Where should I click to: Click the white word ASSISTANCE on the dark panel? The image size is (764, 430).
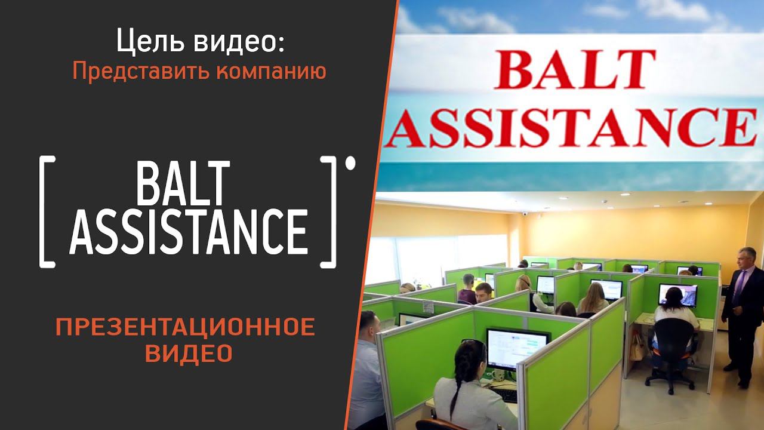189,231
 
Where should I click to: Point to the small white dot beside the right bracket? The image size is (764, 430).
350,162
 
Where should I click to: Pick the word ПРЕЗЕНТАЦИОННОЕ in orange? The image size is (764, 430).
185,327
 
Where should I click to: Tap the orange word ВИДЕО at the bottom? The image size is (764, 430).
189,353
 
